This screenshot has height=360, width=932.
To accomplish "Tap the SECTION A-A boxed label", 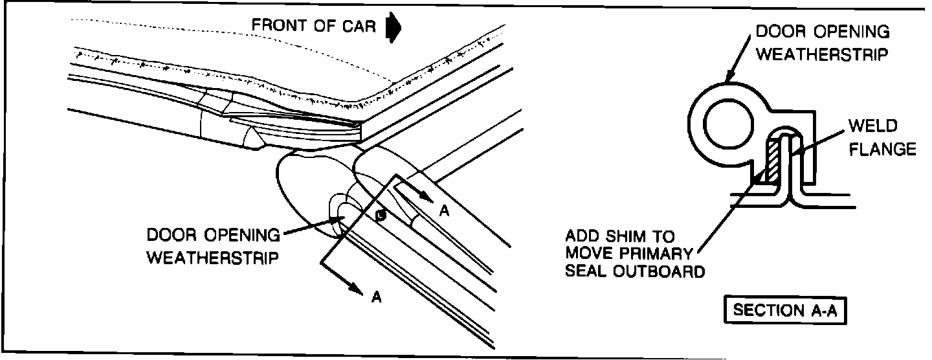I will (x=784, y=310).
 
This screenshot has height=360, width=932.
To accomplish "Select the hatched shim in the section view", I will (x=772, y=161).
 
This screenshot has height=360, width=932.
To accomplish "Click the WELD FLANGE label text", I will (x=880, y=137).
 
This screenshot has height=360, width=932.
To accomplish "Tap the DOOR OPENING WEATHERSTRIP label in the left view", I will (x=214, y=245).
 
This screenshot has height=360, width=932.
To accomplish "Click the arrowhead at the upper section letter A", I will (x=424, y=197).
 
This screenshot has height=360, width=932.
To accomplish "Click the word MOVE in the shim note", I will (x=594, y=253).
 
